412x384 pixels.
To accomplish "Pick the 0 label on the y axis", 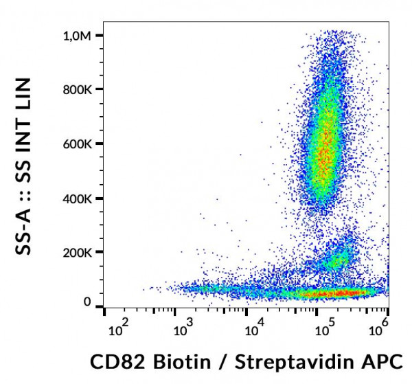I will pyautogui.click(x=87, y=302).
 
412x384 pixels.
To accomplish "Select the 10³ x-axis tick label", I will pyautogui.click(x=185, y=332).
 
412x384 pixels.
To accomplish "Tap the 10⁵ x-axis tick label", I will pyautogui.click(x=320, y=332).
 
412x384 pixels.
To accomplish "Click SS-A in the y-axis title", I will pyautogui.click(x=27, y=231).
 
